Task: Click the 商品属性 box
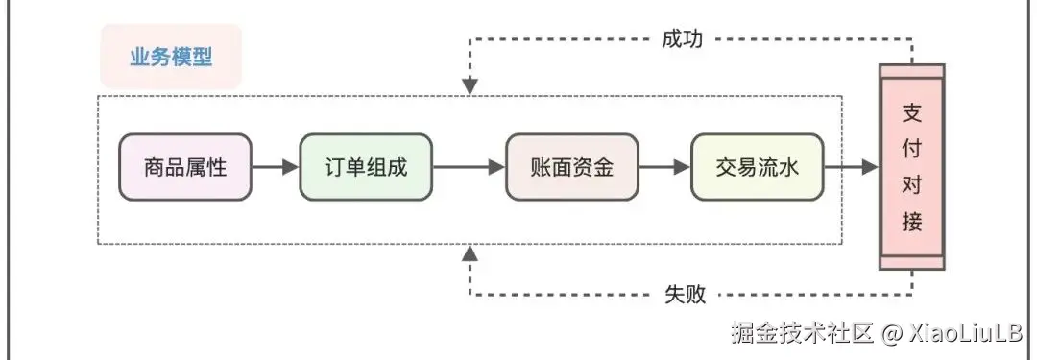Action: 184,166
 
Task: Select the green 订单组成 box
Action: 366,166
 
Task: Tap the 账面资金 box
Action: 572,166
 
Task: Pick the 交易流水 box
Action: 757,166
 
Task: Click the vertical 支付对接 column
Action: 912,168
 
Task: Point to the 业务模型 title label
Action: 171,57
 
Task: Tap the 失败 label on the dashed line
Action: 685,294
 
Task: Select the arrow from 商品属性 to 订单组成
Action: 275,166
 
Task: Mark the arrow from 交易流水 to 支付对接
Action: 851,166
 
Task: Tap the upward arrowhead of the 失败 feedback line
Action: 470,252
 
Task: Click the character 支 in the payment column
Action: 912,111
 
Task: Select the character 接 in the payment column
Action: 912,223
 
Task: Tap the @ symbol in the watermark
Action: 892,334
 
